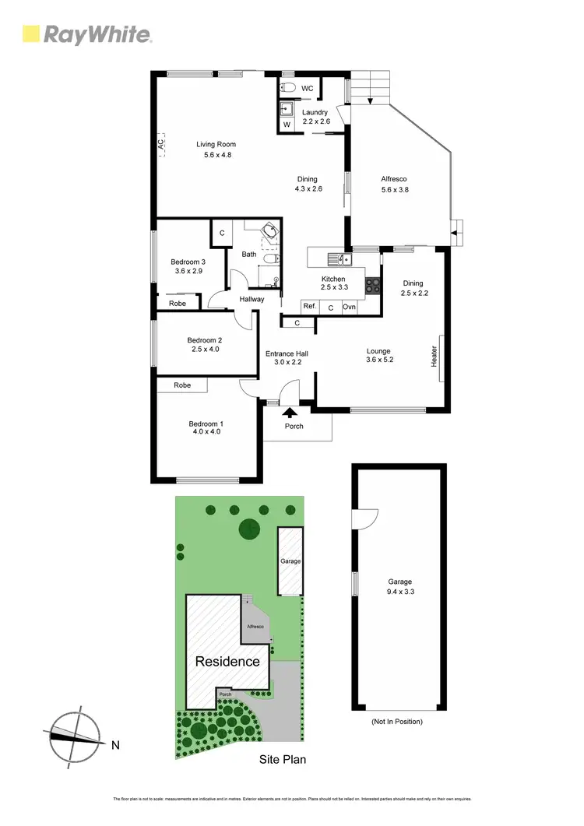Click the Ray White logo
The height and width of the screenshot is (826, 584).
(86, 33)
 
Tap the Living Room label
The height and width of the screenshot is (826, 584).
(216, 144)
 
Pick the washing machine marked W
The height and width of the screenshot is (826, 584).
(287, 124)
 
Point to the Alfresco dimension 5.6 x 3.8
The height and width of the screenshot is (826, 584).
(394, 189)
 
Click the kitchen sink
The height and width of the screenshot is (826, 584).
(340, 258)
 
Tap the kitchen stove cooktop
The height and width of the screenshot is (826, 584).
(372, 284)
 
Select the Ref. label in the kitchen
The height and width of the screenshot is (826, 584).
(309, 307)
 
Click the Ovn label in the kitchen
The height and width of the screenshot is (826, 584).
(350, 307)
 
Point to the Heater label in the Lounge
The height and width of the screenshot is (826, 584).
(434, 357)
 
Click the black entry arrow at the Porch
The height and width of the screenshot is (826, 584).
(290, 413)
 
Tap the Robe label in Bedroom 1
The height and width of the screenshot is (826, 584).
(182, 385)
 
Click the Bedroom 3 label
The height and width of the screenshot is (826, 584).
(188, 262)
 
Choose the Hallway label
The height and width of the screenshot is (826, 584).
(252, 299)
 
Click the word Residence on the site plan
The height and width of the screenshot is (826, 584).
(227, 662)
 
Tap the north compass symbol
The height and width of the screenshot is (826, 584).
(76, 733)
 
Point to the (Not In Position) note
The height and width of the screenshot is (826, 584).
(397, 722)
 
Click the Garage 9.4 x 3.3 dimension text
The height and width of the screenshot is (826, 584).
(399, 592)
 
